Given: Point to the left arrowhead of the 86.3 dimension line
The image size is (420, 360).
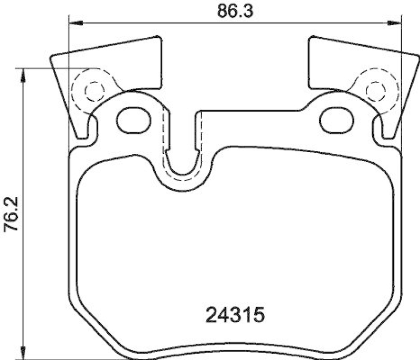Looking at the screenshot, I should [x=77, y=23].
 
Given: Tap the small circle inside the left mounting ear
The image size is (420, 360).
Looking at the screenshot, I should [x=93, y=91].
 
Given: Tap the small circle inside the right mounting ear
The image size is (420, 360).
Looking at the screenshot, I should [x=374, y=91].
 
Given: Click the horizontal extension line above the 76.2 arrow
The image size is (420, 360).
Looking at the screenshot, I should [x=58, y=68].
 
